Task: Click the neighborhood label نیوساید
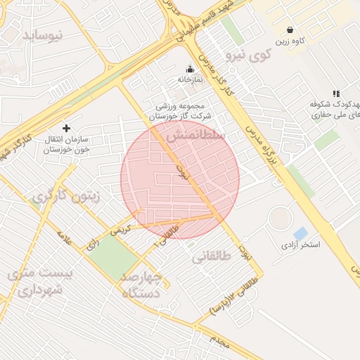(x=43, y=34)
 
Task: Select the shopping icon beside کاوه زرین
(x=290, y=30)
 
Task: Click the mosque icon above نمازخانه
(x=189, y=69)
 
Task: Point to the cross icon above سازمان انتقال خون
(x=67, y=128)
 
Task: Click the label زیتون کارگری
(x=65, y=197)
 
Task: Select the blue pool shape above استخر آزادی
(x=300, y=233)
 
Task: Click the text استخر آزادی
(x=300, y=245)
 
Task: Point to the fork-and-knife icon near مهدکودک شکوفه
(x=336, y=94)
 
